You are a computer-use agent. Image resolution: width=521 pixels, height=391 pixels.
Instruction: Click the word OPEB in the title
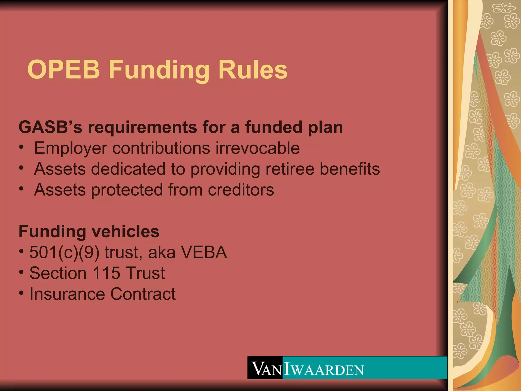(x=64, y=69)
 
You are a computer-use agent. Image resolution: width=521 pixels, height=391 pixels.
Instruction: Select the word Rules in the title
(x=253, y=69)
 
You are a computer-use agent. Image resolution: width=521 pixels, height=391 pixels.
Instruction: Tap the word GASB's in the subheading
(x=50, y=127)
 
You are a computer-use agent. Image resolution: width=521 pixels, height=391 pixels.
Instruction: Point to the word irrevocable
(x=257, y=148)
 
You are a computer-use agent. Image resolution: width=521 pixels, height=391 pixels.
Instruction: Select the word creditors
(x=241, y=190)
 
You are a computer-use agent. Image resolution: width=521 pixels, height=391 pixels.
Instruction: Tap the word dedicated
(x=128, y=169)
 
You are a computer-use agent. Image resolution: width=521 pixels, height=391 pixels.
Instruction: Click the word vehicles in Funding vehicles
(x=125, y=231)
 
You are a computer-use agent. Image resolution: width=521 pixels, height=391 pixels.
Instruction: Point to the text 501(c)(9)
(x=64, y=253)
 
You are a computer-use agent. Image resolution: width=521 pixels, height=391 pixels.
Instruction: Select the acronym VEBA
(x=204, y=252)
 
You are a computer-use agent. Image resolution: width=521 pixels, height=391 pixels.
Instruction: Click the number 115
(x=106, y=273)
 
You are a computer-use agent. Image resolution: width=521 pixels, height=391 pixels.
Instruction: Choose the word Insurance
(x=67, y=294)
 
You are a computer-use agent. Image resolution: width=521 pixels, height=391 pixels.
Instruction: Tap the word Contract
(x=143, y=294)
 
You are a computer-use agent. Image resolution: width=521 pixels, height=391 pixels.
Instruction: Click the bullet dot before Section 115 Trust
(x=22, y=272)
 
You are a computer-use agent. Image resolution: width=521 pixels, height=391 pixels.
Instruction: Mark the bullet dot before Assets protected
(x=22, y=189)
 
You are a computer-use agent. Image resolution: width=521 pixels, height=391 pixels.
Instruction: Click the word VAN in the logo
(x=266, y=369)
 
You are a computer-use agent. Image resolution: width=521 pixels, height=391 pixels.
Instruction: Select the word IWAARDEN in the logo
(x=324, y=369)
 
